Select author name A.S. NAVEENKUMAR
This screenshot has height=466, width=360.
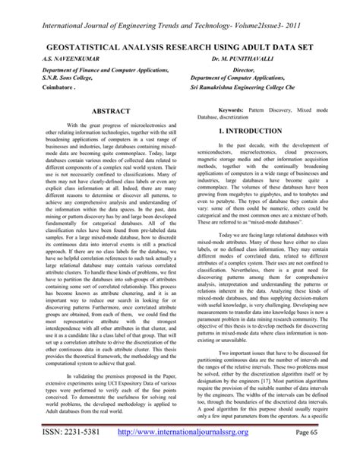coord(52,57)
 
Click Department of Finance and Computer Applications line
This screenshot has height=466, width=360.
coord(91,68)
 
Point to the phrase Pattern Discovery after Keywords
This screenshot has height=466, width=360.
coord(279,110)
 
